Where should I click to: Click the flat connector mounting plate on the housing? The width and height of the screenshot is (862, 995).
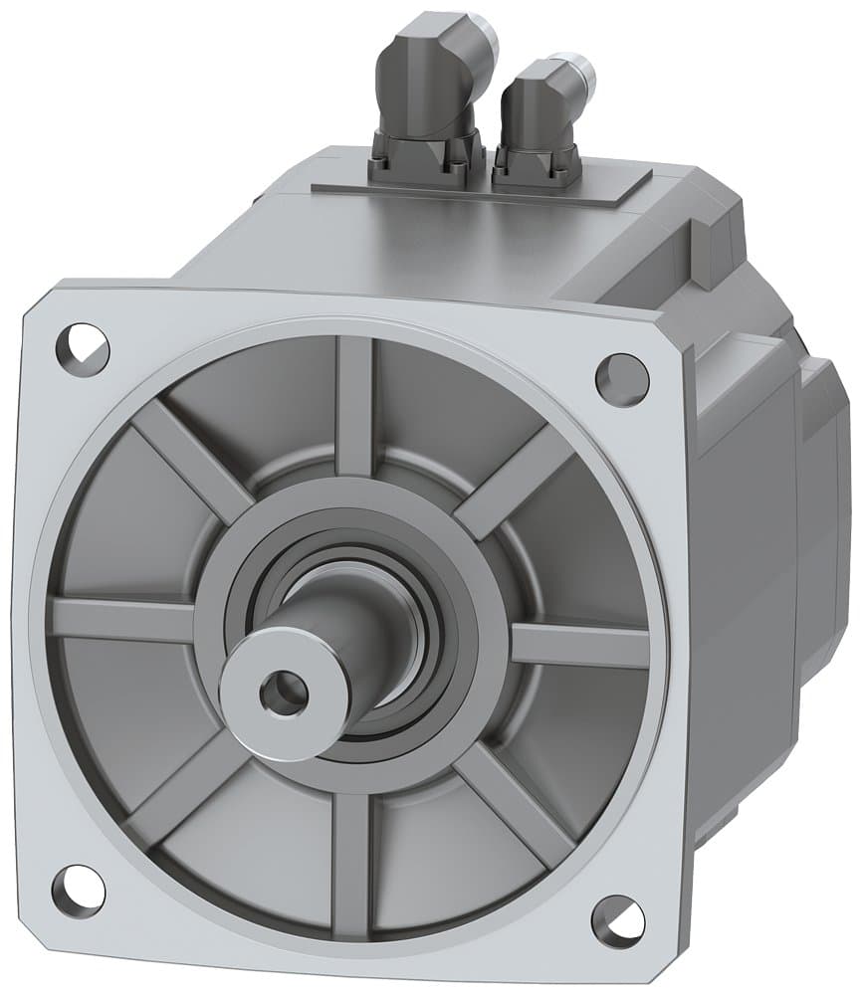pos(478,189)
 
